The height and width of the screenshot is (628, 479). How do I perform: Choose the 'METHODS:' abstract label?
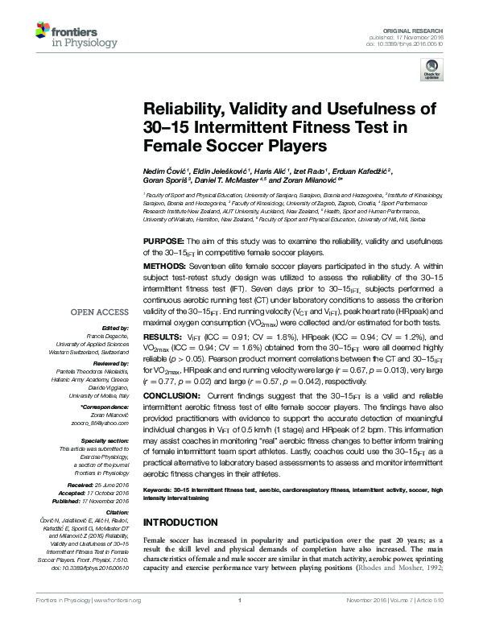click(x=164, y=265)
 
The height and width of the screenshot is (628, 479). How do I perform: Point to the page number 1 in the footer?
click(x=240, y=622)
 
